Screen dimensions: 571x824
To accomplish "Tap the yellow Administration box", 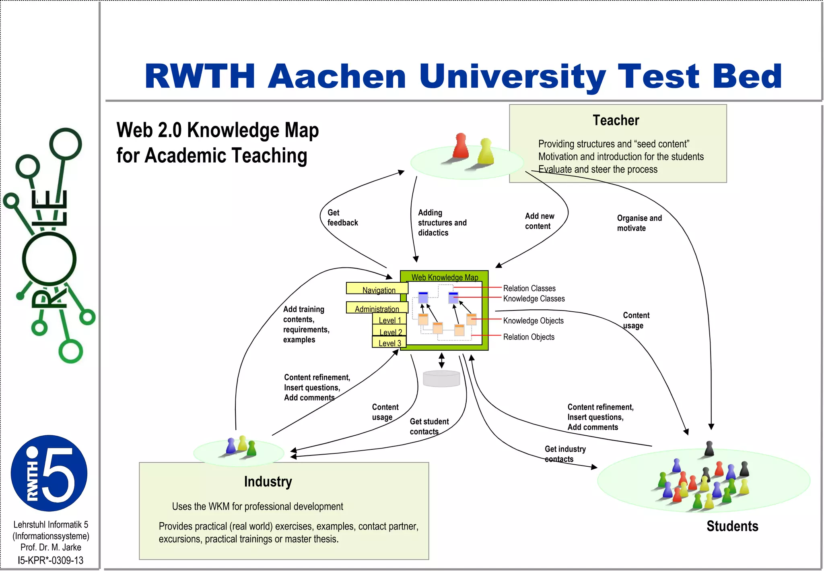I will pyautogui.click(x=377, y=308).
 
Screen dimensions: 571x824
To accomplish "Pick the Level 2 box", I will pyautogui.click(x=389, y=331).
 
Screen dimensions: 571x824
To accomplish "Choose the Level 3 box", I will pyautogui.click(x=389, y=343).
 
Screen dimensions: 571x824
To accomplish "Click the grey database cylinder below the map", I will pyautogui.click(x=441, y=379).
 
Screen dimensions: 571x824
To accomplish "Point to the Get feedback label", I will pyautogui.click(x=342, y=217).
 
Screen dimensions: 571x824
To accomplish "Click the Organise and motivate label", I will pyautogui.click(x=639, y=223).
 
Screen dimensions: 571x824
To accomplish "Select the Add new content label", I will pyautogui.click(x=539, y=221).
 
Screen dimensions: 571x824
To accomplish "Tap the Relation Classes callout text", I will pyautogui.click(x=529, y=288).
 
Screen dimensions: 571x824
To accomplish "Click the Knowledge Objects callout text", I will pyautogui.click(x=533, y=321).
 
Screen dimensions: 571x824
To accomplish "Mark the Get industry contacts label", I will pyautogui.click(x=565, y=454).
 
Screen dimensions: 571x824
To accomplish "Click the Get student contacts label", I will pyautogui.click(x=429, y=426).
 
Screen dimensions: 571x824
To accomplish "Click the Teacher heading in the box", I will pyautogui.click(x=616, y=120).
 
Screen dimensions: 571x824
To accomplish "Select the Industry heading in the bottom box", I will pyautogui.click(x=268, y=481).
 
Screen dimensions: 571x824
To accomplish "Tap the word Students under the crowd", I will pyautogui.click(x=732, y=526).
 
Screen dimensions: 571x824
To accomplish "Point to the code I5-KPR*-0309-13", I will pyautogui.click(x=50, y=560).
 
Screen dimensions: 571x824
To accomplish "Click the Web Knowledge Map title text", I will pyautogui.click(x=445, y=277).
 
